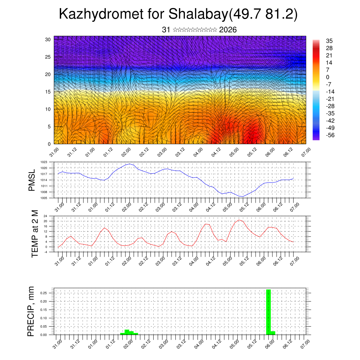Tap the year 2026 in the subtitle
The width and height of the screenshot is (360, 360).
[228, 30]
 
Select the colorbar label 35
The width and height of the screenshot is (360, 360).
[329, 41]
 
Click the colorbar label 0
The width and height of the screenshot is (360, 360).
[328, 77]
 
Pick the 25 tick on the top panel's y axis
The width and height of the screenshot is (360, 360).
[48, 57]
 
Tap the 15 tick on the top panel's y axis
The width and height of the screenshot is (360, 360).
[48, 92]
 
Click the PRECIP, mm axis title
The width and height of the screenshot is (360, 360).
[32, 311]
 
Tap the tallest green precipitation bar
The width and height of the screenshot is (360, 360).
[269, 311]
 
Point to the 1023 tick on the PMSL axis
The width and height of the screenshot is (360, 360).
[44, 162]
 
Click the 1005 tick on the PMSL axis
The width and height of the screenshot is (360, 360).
[44, 198]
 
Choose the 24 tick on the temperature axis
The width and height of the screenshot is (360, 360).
[45, 216]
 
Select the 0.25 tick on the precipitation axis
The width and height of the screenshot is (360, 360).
[43, 293]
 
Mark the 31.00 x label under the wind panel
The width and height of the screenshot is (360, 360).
[54, 154]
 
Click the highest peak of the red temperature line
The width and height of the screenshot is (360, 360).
[239, 220]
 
